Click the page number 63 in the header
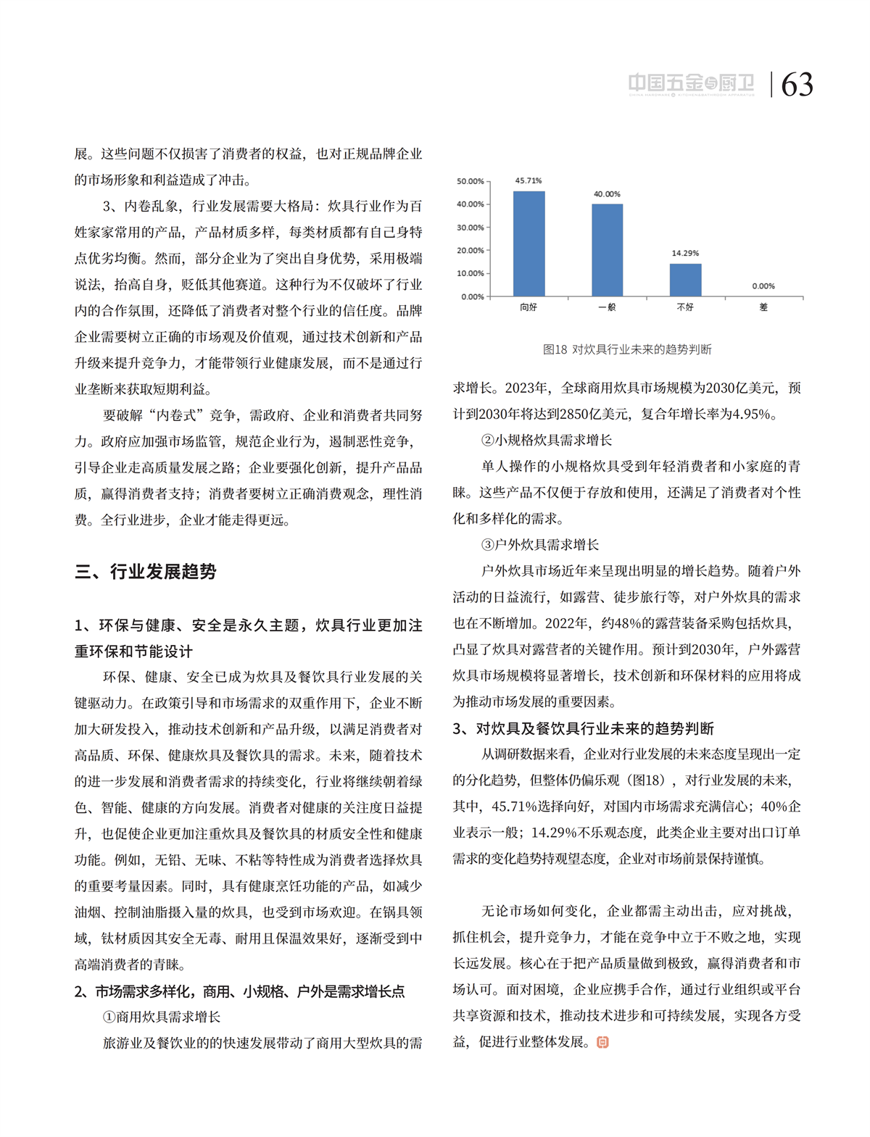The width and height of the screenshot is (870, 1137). coord(797,85)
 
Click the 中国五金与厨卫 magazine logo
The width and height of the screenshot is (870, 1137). coord(691,84)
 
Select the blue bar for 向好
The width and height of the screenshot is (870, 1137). coord(529,243)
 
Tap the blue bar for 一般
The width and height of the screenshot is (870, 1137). coord(607,250)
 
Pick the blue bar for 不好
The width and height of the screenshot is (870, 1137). coord(685,280)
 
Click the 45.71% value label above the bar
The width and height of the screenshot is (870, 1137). coord(529,180)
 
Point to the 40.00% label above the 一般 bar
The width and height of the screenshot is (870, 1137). coord(607,194)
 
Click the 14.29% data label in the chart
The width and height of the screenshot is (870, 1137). coord(685,253)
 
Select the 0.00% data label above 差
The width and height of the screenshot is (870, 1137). coord(763,286)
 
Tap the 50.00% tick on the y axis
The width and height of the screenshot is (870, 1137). coord(471,181)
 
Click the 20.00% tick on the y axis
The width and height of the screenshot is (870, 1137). coord(471,251)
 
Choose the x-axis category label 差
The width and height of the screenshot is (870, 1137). coord(763,307)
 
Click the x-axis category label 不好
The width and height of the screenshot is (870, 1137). coord(685,307)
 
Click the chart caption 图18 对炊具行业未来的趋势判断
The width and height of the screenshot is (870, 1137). coord(627,349)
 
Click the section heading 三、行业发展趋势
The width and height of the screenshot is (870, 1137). coord(146,572)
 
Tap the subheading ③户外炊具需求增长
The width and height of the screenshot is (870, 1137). coord(540,545)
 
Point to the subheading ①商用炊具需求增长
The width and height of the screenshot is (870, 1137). coord(162,1017)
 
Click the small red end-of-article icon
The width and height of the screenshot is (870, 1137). coord(602,1042)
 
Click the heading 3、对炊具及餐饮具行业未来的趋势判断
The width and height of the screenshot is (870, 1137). coord(584,728)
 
